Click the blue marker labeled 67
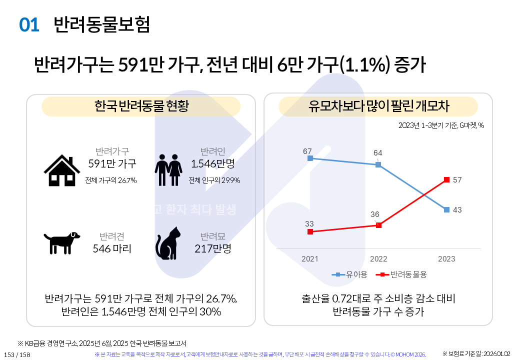[310, 158]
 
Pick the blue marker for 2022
[378, 164]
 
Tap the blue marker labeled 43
[446, 210]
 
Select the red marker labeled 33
[310, 232]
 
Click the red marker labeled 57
[446, 179]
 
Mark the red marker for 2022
[378, 225]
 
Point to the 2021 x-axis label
[310, 259]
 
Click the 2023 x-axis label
[446, 259]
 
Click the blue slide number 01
[29, 25]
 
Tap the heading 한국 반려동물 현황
[141, 106]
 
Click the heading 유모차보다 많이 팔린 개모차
[378, 106]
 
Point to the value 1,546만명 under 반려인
[213, 163]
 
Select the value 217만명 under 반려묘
[213, 248]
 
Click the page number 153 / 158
[17, 354]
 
